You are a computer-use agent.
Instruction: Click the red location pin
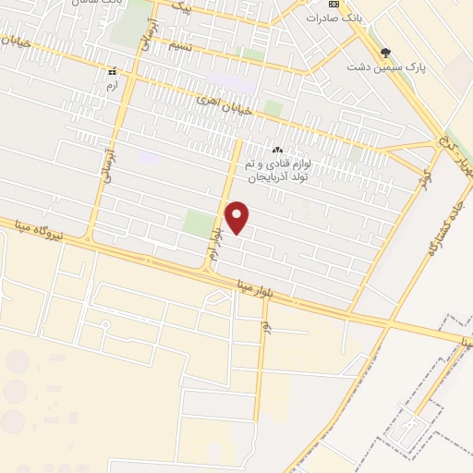click(x=237, y=217)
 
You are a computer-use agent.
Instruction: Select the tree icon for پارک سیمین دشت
click(x=385, y=53)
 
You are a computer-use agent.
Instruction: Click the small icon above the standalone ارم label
click(x=111, y=71)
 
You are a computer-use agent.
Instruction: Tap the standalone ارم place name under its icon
click(x=111, y=84)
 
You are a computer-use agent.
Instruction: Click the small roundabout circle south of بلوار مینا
click(x=104, y=324)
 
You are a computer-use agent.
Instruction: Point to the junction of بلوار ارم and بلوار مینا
click(x=207, y=271)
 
